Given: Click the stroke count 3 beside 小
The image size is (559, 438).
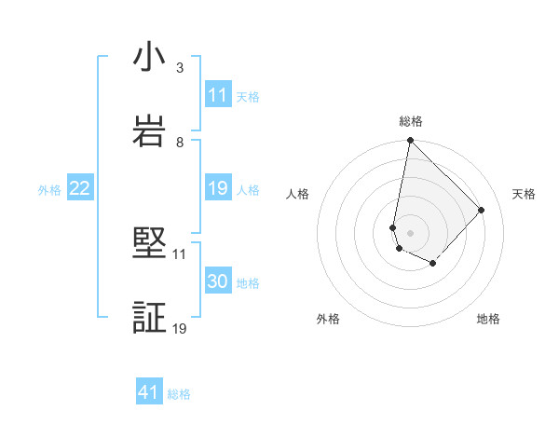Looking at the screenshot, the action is click(180, 68).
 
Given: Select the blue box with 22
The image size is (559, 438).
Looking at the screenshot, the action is click(79, 189).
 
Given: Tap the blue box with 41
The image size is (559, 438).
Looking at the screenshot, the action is click(149, 393).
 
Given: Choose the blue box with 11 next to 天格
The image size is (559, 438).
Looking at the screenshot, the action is click(217, 95).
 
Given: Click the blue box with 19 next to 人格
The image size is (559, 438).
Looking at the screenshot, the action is click(217, 189).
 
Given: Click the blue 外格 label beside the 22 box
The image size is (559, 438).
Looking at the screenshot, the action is click(49, 190).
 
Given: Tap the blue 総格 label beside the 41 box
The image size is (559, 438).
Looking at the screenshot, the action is click(179, 394).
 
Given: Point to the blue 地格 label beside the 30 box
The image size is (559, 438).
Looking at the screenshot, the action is click(248, 283).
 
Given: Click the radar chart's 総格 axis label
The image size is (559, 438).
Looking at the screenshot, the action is click(410, 121).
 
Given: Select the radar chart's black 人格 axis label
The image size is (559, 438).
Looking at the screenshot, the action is click(297, 194).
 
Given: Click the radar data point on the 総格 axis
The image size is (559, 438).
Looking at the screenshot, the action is click(410, 142).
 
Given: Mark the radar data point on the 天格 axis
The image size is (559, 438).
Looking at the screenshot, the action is click(482, 210).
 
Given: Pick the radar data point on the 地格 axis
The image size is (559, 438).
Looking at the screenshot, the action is click(433, 264).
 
